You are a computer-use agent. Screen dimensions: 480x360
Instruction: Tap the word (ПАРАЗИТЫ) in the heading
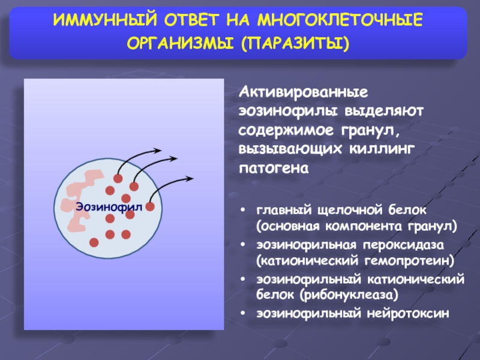(x=295, y=43)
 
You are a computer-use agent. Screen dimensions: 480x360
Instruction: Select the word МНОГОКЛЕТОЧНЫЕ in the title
(x=340, y=20)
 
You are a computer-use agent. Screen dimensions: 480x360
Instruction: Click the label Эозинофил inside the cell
(x=109, y=207)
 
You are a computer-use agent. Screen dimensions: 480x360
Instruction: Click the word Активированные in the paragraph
(x=304, y=92)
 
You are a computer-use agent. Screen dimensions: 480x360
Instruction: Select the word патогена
(x=274, y=168)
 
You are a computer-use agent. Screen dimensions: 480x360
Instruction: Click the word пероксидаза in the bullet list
(x=403, y=245)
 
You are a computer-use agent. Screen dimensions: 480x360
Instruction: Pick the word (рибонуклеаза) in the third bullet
(x=349, y=295)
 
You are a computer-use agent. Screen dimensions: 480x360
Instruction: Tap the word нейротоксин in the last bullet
(x=408, y=313)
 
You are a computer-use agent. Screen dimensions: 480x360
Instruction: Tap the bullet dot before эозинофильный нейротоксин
(x=243, y=313)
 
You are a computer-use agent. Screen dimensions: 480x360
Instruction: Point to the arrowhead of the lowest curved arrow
(x=190, y=178)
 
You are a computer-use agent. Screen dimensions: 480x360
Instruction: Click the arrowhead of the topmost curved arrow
(x=158, y=151)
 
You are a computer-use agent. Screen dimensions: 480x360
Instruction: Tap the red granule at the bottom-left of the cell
(x=94, y=242)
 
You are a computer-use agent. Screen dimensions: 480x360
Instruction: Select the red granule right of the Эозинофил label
(x=150, y=206)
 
